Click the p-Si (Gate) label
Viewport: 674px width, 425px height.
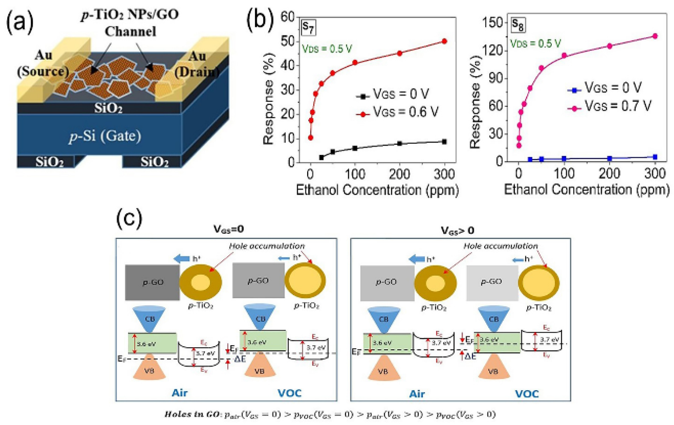pos(105,136)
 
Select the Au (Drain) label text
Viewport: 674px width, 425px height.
pos(197,64)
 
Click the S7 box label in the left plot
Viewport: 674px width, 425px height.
pos(308,27)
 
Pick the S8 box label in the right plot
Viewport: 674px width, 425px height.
pos(518,24)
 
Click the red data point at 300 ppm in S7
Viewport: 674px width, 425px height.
pos(445,41)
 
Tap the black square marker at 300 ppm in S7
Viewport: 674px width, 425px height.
pos(445,142)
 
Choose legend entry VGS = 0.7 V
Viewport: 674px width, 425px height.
pos(618,106)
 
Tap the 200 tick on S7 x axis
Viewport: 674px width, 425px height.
pos(400,174)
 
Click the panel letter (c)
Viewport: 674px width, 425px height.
pos(129,219)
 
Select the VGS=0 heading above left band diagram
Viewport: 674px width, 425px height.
pos(228,229)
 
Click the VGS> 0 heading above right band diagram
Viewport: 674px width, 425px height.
pos(457,231)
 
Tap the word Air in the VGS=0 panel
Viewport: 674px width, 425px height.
pos(180,393)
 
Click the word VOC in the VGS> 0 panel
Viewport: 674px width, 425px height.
pos(527,394)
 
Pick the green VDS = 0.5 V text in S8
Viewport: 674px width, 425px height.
pos(535,44)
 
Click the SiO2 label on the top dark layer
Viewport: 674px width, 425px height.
pos(108,108)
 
